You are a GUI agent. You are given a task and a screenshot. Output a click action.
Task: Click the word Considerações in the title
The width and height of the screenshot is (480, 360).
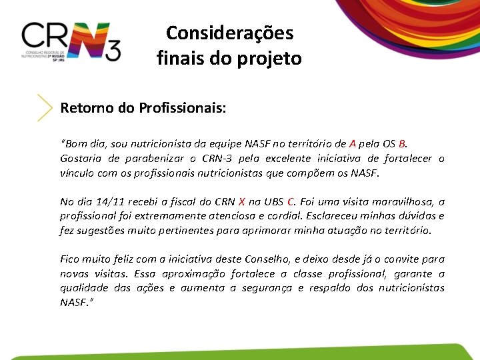[x=229, y=33]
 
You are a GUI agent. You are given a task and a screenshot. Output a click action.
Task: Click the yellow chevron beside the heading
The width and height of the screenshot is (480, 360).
[x=45, y=107]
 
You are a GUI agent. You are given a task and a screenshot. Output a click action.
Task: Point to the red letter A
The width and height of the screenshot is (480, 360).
[x=353, y=143]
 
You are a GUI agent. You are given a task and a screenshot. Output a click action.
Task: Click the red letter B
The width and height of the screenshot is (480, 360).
[x=402, y=143]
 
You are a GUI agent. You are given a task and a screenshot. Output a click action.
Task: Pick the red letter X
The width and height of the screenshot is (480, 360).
[x=241, y=201]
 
